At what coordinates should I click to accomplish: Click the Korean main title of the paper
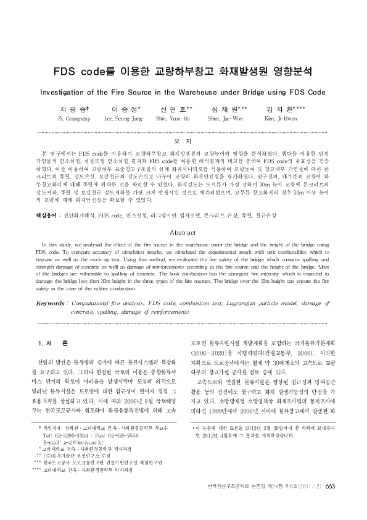tap(183, 71)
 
